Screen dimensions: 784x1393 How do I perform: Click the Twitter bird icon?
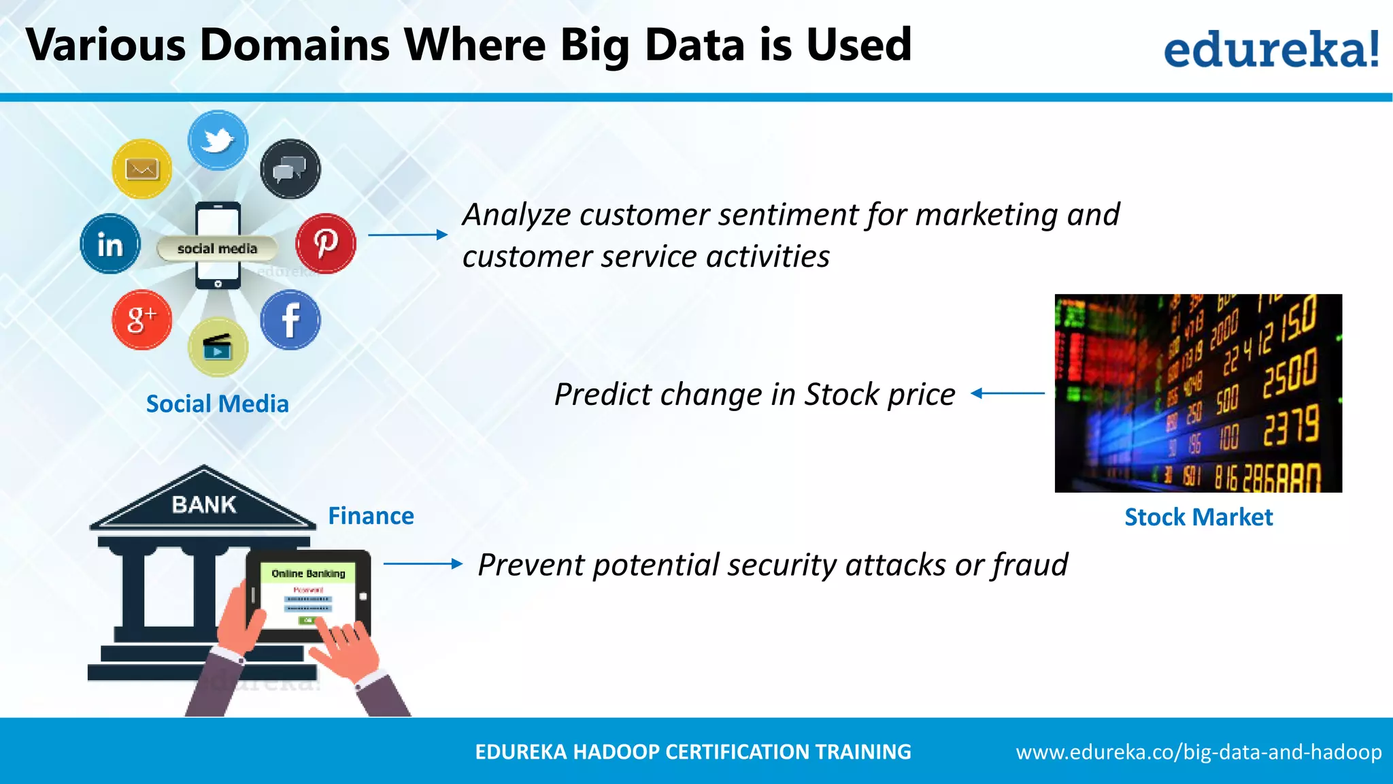pos(218,140)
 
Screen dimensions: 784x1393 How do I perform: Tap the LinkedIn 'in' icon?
pos(110,244)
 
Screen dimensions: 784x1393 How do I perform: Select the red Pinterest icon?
pos(326,243)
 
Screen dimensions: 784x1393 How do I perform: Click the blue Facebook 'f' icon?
pos(290,320)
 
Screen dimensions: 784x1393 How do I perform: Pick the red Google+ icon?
pos(141,319)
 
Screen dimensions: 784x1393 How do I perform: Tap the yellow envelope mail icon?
pos(141,169)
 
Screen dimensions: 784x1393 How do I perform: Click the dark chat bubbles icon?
pos(290,169)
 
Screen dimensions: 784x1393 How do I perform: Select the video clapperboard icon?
pos(218,347)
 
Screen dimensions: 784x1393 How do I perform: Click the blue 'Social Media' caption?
pos(218,404)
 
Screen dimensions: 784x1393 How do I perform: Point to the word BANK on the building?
pos(204,505)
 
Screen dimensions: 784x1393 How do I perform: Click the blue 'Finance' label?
pos(371,516)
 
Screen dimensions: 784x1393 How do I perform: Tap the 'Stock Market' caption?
pos(1198,517)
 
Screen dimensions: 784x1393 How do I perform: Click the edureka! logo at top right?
pos(1271,49)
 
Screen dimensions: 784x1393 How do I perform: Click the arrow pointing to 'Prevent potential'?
pos(422,563)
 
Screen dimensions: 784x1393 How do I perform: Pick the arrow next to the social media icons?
pos(407,235)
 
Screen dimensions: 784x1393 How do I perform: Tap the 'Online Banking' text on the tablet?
pos(308,574)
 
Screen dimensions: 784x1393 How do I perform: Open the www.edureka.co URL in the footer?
pos(1198,752)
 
